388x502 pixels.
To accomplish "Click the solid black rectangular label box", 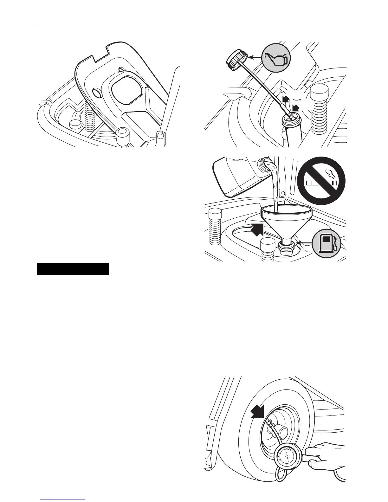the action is [73, 269].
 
